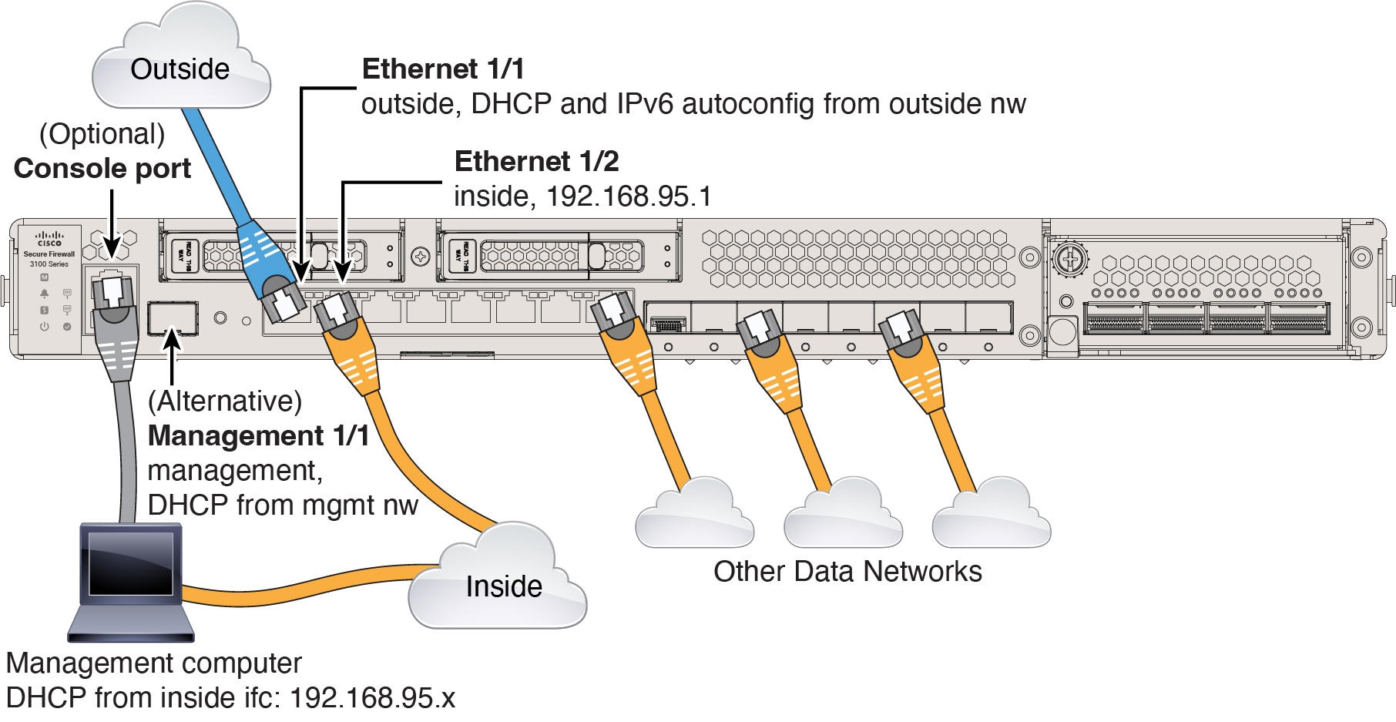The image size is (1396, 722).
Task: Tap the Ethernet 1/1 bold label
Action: click(x=443, y=69)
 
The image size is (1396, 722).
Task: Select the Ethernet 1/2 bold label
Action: click(x=536, y=162)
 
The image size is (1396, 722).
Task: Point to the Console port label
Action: click(x=102, y=169)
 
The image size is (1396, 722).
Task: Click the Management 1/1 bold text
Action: click(x=258, y=436)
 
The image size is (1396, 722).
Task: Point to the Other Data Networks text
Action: click(x=847, y=572)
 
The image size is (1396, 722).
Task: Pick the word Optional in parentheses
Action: click(x=102, y=134)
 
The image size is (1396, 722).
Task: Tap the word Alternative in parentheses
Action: click(x=225, y=401)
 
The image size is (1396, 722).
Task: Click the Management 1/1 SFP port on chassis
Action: click(x=173, y=318)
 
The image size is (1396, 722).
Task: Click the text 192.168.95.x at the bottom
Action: click(x=372, y=698)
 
